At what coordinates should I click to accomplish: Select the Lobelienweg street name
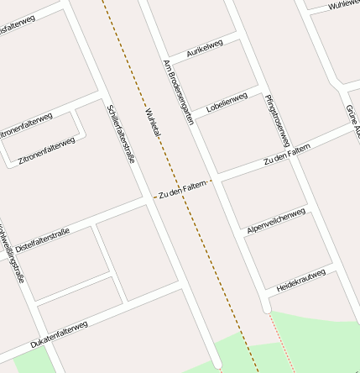click(x=226, y=103)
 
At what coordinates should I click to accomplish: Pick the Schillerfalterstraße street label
click(x=122, y=133)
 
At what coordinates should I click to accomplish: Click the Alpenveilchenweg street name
click(x=275, y=218)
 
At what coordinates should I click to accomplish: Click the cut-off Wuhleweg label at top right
click(x=343, y=5)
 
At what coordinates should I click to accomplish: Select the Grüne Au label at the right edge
click(x=352, y=122)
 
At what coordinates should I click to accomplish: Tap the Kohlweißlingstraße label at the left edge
click(x=10, y=252)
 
